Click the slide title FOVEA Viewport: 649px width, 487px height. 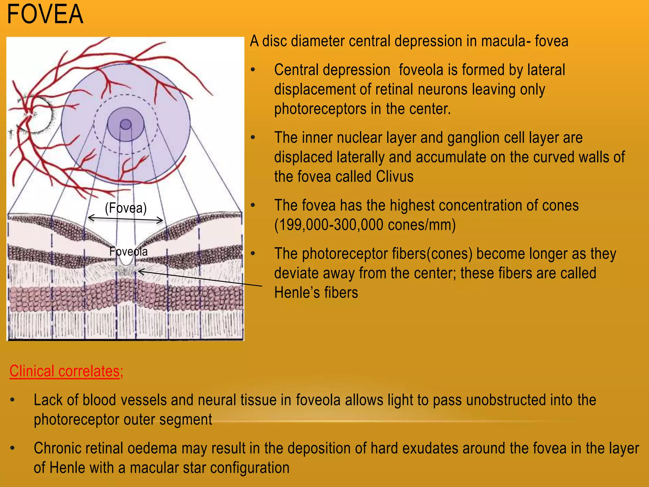tap(45, 15)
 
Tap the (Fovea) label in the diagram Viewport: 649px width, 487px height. tap(126, 208)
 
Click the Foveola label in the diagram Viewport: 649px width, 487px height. tap(128, 251)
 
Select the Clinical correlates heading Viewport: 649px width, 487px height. tap(66, 371)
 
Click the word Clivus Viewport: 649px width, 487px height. tap(395, 177)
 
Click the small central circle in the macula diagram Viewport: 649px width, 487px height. tap(126, 124)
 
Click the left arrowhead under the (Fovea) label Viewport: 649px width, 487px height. tap(90, 218)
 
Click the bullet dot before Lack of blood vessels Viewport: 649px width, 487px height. tap(12, 400)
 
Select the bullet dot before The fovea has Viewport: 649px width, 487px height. tap(253, 205)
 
